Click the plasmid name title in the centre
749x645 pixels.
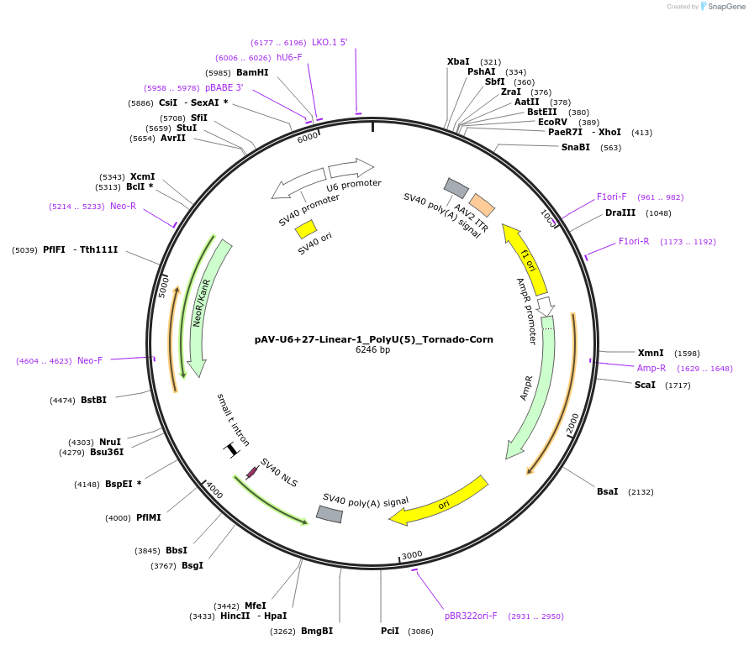[x=374, y=339]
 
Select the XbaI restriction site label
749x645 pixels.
[x=458, y=61]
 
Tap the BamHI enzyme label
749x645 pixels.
[x=252, y=72]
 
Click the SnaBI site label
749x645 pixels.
[x=576, y=147]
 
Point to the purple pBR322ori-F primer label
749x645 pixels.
[x=471, y=616]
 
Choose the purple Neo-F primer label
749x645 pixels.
[x=90, y=360]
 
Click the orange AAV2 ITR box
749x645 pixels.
[x=482, y=205]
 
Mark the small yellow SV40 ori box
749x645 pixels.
[x=306, y=229]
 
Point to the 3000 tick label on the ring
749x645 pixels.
[x=412, y=555]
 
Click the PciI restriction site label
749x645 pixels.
[x=390, y=631]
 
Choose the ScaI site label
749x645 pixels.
[x=645, y=385]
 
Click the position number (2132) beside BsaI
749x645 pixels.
[x=636, y=492]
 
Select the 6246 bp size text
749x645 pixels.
[x=373, y=350]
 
